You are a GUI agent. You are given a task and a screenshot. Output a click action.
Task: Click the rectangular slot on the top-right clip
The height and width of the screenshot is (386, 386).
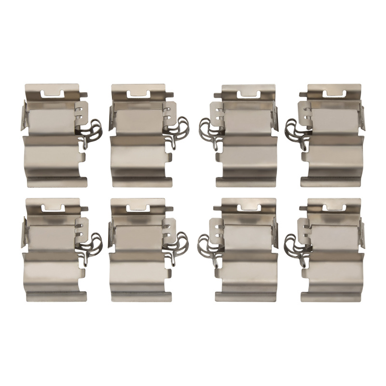coord(334,94)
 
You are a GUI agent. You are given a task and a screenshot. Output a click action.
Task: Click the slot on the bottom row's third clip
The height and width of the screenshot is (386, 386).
coord(248,208)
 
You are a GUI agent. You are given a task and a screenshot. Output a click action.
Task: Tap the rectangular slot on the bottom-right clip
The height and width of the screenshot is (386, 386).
coord(334,207)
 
